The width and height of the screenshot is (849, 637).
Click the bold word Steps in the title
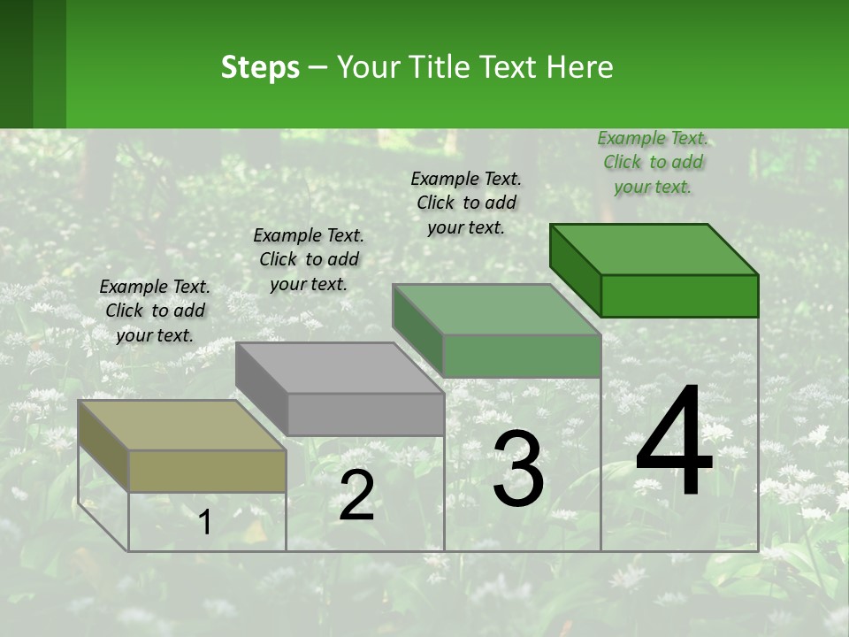[260, 67]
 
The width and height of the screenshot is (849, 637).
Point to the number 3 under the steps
[519, 469]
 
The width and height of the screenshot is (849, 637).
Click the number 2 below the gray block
[356, 495]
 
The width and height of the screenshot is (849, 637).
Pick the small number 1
[204, 523]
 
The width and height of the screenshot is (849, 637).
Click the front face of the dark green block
[679, 295]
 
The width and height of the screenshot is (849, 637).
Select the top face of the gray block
[340, 367]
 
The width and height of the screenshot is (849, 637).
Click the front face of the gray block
[365, 414]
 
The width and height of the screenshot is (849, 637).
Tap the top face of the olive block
[182, 425]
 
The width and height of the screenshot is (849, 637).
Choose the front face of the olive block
[207, 471]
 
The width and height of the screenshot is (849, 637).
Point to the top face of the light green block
[497, 309]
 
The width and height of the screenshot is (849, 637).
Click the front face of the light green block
[522, 356]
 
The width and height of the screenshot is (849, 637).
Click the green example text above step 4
[653, 162]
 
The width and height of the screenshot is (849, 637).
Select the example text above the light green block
[466, 203]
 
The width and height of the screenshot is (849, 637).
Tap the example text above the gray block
[309, 259]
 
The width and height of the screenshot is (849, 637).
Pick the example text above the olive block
[155, 311]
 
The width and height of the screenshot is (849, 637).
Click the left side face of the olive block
[103, 446]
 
